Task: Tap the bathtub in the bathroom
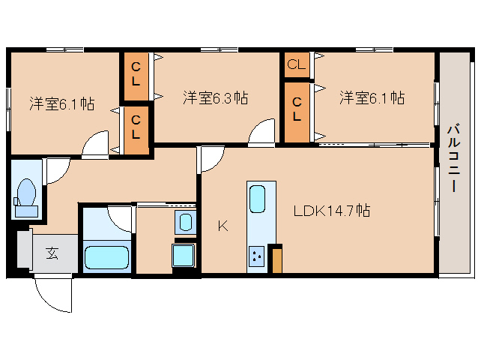click(106, 257)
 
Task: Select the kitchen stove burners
click(256, 256)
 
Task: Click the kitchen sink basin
click(257, 199)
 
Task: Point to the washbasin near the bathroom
click(185, 222)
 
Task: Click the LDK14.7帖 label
click(332, 211)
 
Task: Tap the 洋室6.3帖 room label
click(216, 97)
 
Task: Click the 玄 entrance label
click(52, 253)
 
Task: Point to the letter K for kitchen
click(223, 226)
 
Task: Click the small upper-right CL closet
click(297, 64)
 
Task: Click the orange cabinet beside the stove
click(277, 261)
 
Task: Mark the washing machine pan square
click(184, 255)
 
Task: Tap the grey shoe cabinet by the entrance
click(25, 250)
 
